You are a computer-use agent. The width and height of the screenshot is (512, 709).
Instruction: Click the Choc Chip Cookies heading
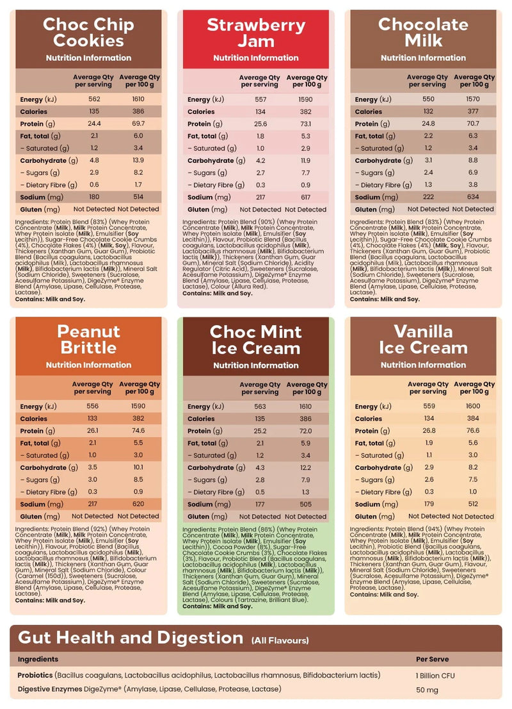tap(88, 33)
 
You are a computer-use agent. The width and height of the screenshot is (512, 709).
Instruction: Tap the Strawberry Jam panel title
tap(256, 33)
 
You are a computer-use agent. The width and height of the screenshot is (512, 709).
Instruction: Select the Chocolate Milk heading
tap(424, 33)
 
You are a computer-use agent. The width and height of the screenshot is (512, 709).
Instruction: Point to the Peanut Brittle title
tap(88, 340)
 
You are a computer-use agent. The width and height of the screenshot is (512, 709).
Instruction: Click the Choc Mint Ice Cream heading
tap(256, 340)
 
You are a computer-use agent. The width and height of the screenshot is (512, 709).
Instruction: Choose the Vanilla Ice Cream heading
tap(424, 340)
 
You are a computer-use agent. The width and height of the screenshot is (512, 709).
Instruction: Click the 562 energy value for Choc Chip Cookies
tap(95, 99)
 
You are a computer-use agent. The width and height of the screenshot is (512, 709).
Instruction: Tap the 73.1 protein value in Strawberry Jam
tap(305, 124)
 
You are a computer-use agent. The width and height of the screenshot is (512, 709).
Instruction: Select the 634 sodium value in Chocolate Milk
tap(474, 197)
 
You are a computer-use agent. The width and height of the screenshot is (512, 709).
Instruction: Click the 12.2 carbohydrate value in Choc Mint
tap(305, 468)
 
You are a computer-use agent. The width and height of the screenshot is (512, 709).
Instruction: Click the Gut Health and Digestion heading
tap(131, 638)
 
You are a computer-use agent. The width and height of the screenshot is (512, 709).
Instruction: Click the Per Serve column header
tap(432, 659)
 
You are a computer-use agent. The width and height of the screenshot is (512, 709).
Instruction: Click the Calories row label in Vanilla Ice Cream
tap(369, 419)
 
